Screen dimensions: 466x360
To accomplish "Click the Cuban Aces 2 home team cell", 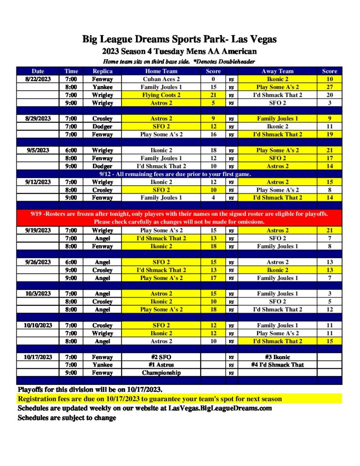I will point(162,79).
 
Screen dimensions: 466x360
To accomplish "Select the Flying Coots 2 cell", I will point(162,95).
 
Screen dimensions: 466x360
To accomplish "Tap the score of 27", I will point(330,87).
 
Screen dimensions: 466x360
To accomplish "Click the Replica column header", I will point(102,71).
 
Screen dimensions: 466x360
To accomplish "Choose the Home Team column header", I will point(162,71).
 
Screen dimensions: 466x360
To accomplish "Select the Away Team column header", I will point(278,71).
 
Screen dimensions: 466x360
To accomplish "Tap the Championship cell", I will point(162,373).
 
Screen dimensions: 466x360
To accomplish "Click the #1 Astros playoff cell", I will point(162,365).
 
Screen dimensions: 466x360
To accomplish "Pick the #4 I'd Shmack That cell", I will point(278,365).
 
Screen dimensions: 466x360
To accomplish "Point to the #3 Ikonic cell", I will point(278,357).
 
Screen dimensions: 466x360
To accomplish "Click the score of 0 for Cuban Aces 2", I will point(213,79).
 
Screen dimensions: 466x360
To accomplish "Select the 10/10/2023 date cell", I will point(38,325).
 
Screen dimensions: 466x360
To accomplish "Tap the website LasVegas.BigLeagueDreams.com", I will point(220,408).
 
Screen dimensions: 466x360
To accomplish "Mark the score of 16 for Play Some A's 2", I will point(213,134).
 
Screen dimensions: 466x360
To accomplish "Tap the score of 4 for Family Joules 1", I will point(213,198).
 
